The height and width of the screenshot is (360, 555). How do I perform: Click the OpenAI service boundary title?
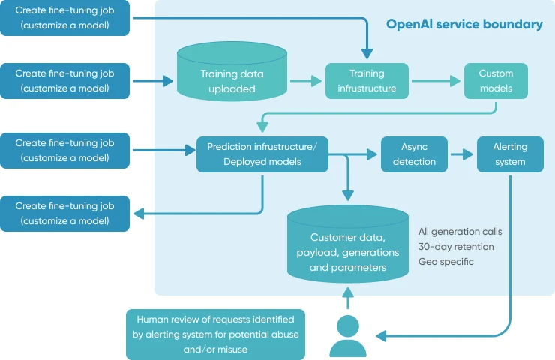click(x=464, y=24)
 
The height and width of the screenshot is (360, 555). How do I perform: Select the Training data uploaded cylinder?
click(x=232, y=80)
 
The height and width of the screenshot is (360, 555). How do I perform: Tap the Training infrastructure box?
click(x=367, y=81)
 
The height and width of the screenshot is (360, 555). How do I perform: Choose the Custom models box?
click(x=496, y=81)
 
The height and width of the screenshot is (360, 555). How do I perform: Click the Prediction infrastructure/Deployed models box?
click(x=262, y=154)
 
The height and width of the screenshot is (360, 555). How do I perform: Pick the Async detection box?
click(x=414, y=154)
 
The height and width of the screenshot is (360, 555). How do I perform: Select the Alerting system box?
click(x=510, y=154)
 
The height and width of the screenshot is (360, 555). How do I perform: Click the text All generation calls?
click(x=460, y=231)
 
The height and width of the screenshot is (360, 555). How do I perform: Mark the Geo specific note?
click(x=446, y=261)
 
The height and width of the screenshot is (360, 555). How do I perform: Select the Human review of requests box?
click(x=216, y=334)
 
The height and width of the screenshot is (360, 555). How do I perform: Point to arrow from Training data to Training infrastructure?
click(x=306, y=81)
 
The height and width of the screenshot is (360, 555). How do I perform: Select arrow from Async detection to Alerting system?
click(x=462, y=154)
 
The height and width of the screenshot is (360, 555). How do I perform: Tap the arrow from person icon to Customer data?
click(x=347, y=297)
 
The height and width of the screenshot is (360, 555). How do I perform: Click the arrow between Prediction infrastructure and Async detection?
click(x=360, y=154)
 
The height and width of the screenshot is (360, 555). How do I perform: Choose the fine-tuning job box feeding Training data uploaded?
click(x=65, y=81)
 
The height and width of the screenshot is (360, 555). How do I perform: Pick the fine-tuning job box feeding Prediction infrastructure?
click(x=65, y=150)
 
